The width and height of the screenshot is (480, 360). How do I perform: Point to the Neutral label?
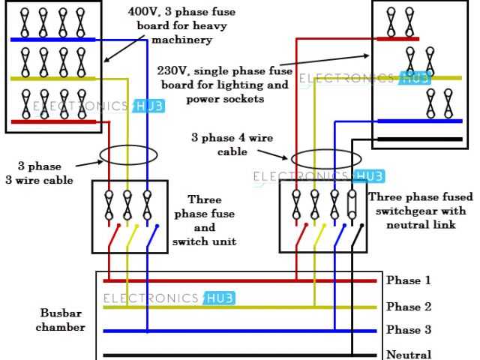tap(409, 355)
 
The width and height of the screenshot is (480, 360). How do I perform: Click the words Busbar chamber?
tap(63, 319)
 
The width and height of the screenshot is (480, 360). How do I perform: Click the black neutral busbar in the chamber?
tap(225, 355)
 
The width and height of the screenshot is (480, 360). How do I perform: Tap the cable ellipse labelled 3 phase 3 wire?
tap(127, 157)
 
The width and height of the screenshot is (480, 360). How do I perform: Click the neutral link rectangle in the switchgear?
tap(352, 202)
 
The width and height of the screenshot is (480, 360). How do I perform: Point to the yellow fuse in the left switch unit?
tap(127, 202)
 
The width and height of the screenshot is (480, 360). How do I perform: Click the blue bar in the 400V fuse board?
tap(52, 39)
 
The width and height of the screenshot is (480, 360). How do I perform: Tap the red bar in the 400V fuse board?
tap(52, 120)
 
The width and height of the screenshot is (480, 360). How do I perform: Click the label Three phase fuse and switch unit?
tap(203, 220)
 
